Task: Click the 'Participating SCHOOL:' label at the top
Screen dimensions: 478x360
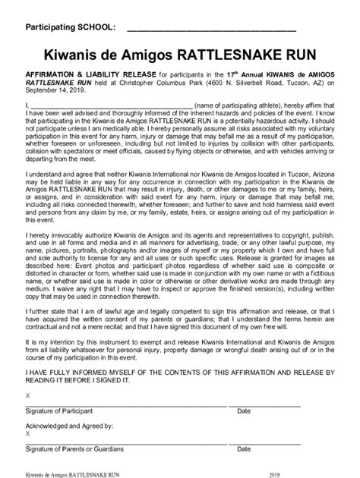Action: pos(70,28)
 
